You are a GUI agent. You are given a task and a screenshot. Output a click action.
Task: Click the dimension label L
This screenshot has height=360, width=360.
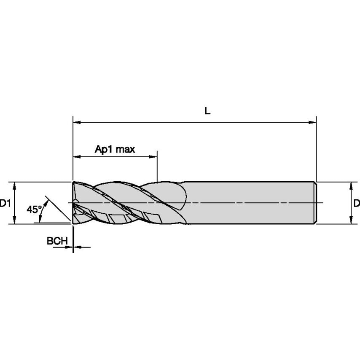pyautogui.click(x=207, y=111)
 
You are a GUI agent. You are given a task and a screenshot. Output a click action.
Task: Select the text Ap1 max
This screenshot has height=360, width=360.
pyautogui.click(x=115, y=149)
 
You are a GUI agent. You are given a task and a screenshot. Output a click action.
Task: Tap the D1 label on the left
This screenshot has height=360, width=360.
pyautogui.click(x=5, y=204)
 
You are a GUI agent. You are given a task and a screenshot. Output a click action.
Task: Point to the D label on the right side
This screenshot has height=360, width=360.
pyautogui.click(x=356, y=204)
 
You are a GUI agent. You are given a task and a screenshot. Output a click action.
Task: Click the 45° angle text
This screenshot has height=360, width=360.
pyautogui.click(x=34, y=209)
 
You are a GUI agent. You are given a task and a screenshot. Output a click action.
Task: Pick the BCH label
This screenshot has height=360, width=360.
pyautogui.click(x=57, y=241)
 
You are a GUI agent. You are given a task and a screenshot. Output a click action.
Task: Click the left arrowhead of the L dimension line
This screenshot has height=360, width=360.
pyautogui.click(x=77, y=123)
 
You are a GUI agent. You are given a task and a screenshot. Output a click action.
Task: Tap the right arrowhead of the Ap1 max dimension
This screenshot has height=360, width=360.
pyautogui.click(x=153, y=157)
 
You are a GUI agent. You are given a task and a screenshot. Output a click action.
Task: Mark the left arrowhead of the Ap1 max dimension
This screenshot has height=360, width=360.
pyautogui.click(x=77, y=157)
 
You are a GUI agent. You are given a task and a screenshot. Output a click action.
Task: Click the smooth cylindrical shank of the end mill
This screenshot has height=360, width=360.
pyautogui.click(x=249, y=203)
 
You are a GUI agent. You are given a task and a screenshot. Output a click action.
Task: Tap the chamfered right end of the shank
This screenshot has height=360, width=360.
pyautogui.click(x=315, y=203)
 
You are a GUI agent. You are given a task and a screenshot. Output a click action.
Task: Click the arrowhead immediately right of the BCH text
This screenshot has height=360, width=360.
pyautogui.click(x=70, y=247)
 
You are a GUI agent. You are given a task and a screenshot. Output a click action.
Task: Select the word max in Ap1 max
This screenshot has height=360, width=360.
pyautogui.click(x=126, y=149)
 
